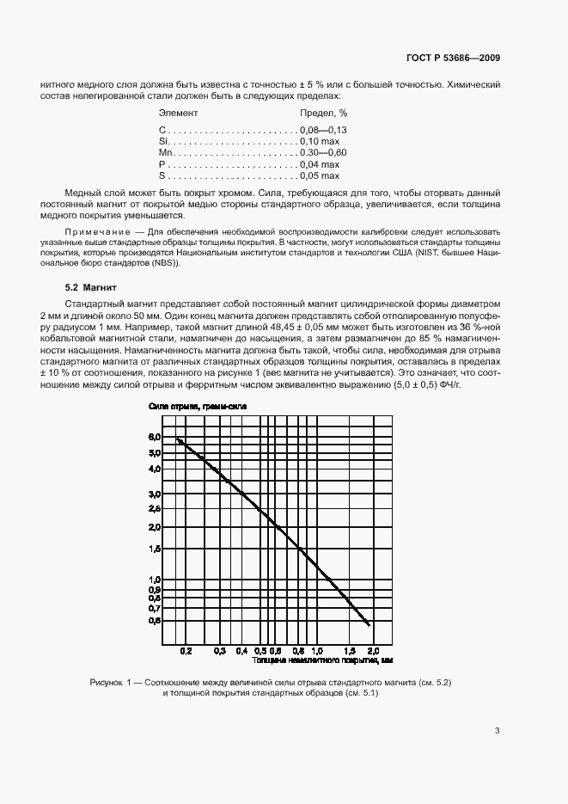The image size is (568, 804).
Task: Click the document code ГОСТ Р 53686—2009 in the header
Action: pyautogui.click(x=453, y=58)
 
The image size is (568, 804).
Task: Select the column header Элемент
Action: pyautogui.click(x=179, y=113)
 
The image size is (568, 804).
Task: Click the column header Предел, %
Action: pyautogui.click(x=323, y=113)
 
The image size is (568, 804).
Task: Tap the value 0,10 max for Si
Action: pyautogui.click(x=320, y=141)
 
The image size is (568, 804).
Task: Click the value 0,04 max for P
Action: pyautogui.click(x=320, y=164)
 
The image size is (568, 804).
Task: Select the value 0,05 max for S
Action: pyautogui.click(x=320, y=175)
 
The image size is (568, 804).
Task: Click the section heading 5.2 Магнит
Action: pyautogui.click(x=91, y=286)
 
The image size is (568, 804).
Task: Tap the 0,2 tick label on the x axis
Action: pyautogui.click(x=186, y=652)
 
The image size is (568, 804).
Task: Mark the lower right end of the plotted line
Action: pyautogui.click(x=369, y=624)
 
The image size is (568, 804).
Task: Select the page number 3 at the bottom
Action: pyautogui.click(x=497, y=732)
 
